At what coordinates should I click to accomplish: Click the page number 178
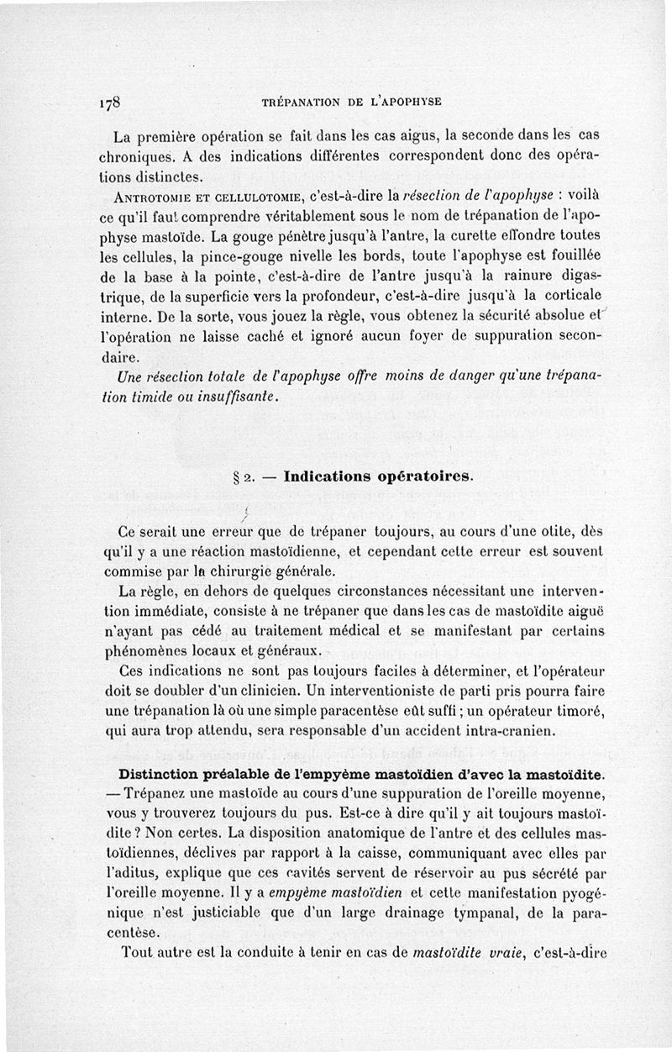pyautogui.click(x=111, y=103)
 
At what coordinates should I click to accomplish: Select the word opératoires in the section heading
pyautogui.click(x=422, y=476)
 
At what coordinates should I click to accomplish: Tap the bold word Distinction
pyautogui.click(x=167, y=774)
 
